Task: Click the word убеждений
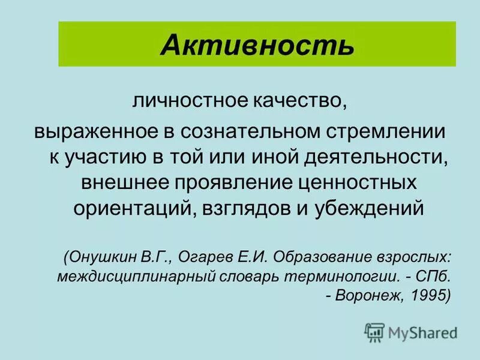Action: coord(370,208)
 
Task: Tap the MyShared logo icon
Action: coord(374,332)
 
